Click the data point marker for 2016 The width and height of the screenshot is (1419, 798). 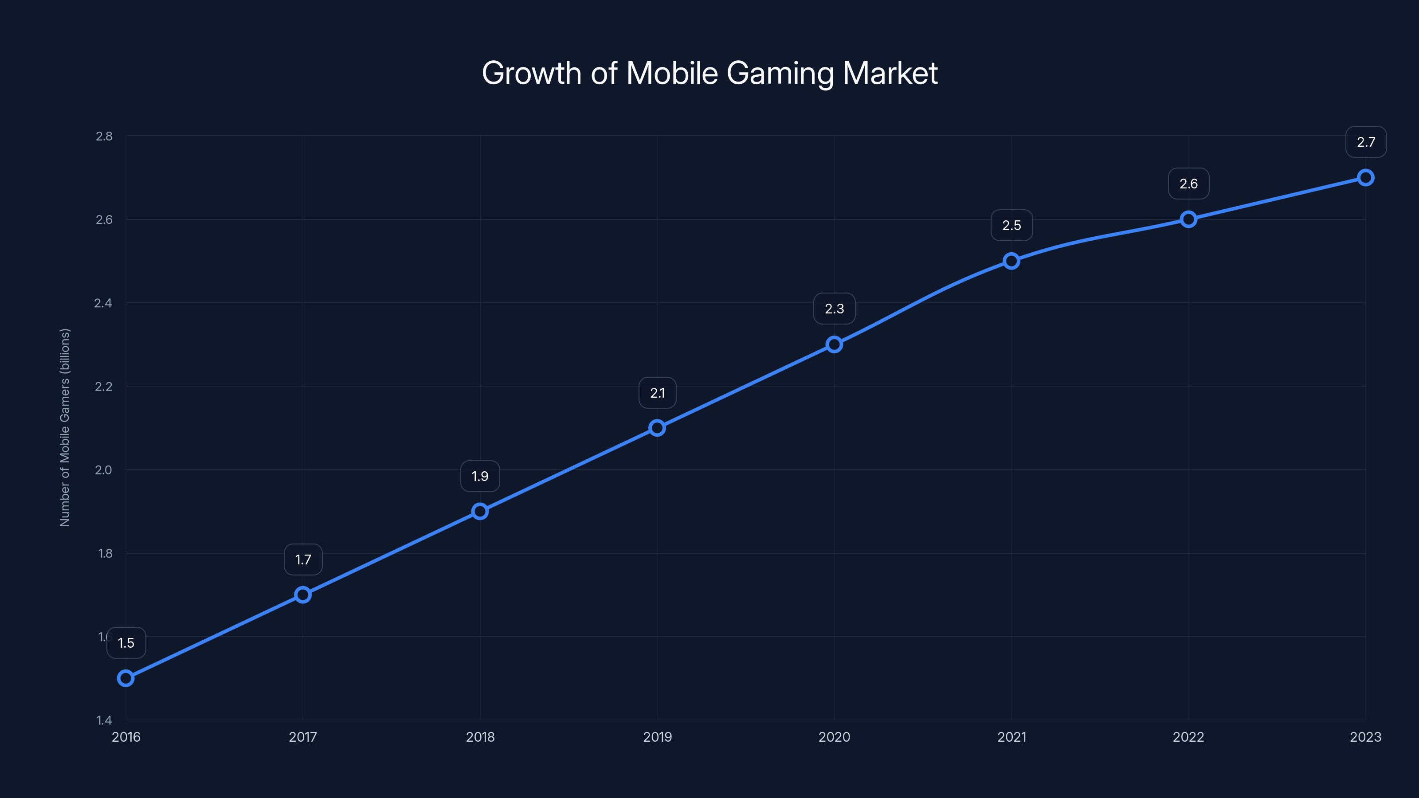click(x=125, y=678)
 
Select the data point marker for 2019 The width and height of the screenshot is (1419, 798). click(x=657, y=428)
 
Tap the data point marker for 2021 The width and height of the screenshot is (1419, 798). click(x=1011, y=261)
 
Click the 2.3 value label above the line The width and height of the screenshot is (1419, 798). click(x=834, y=309)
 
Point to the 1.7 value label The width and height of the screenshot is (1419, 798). click(x=303, y=559)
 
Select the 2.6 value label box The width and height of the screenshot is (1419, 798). click(x=1188, y=184)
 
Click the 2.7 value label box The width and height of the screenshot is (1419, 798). click(x=1366, y=142)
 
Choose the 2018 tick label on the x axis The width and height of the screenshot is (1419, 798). click(x=480, y=737)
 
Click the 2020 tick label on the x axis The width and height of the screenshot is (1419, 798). click(x=834, y=737)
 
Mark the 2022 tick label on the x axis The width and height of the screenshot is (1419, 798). click(x=1188, y=737)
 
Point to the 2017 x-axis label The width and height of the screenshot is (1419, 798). click(x=303, y=737)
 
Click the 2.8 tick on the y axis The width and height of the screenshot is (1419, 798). click(x=104, y=136)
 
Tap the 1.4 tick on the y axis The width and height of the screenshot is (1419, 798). click(x=104, y=720)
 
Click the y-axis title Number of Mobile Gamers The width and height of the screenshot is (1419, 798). click(x=65, y=427)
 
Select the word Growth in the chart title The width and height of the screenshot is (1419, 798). click(x=531, y=73)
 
